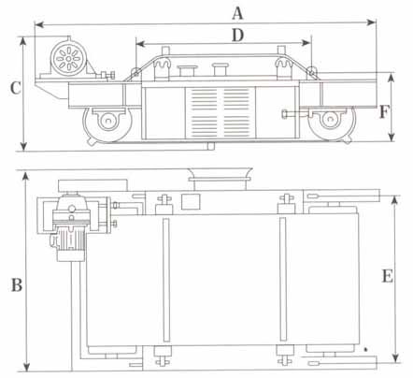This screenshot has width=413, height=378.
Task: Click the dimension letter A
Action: (237, 14)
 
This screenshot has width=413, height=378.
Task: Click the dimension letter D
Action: (238, 36)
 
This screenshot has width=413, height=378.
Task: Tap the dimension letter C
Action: (16, 88)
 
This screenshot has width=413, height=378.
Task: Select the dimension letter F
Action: (385, 112)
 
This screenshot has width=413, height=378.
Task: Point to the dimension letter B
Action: (17, 285)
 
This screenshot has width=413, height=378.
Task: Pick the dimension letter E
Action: (388, 276)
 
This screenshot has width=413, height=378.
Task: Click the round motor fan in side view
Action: (68, 58)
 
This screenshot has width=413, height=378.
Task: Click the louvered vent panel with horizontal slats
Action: (221, 112)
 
